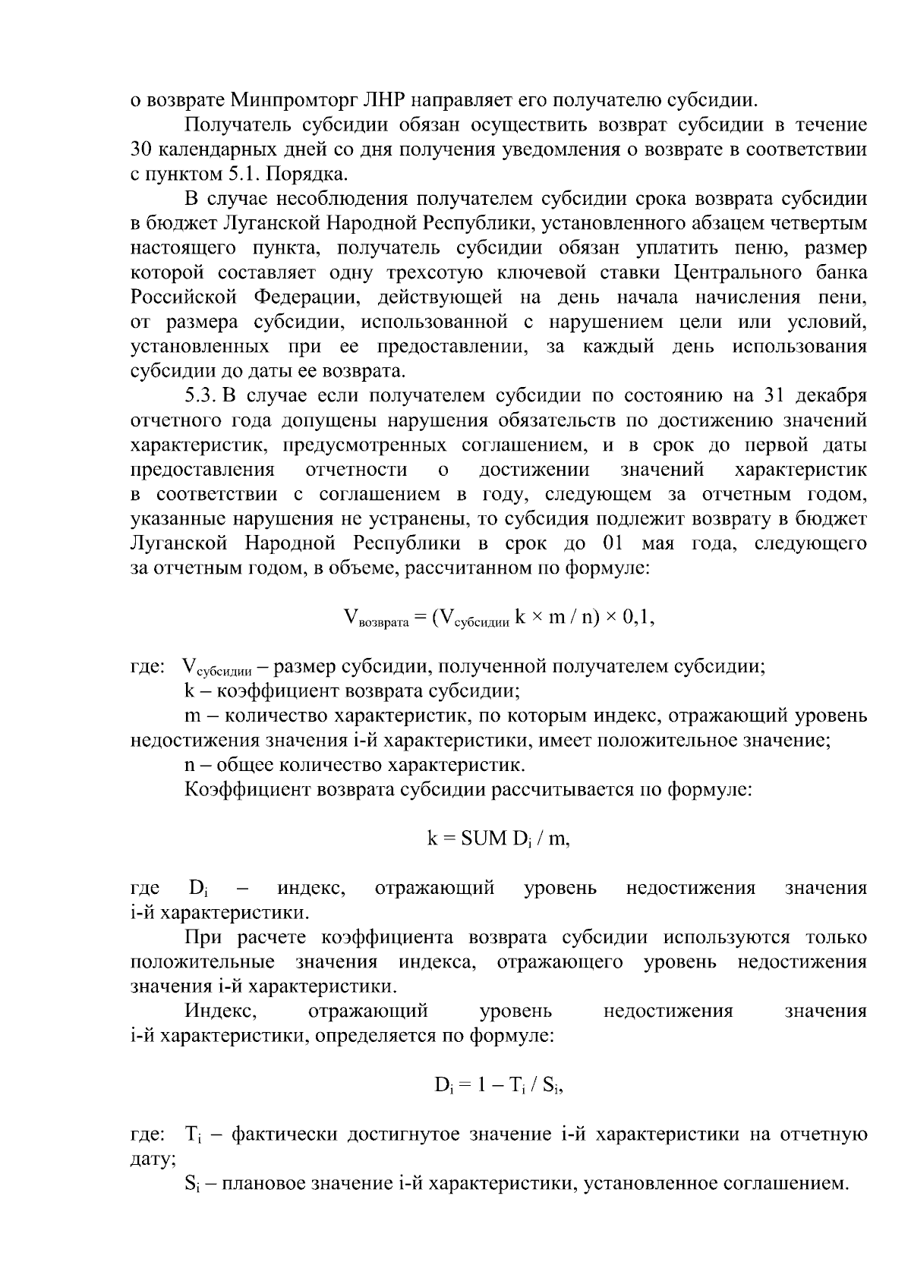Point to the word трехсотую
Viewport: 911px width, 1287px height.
[429, 272]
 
